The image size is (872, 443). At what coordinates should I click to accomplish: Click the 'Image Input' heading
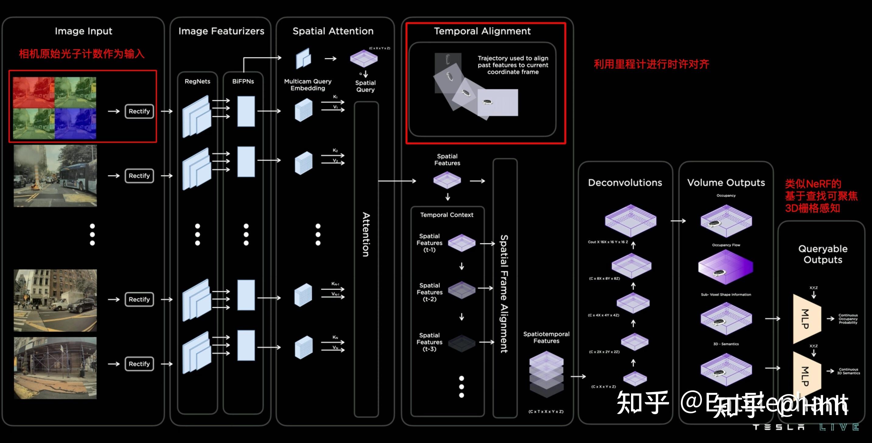point(83,31)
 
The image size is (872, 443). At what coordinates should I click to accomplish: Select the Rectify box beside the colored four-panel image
point(139,111)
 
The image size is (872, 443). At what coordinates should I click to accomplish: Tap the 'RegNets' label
point(197,81)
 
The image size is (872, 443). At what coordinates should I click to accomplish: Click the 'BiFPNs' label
point(243,81)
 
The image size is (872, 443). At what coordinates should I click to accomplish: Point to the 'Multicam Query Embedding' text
point(308,85)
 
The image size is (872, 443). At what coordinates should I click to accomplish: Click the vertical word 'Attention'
point(366,234)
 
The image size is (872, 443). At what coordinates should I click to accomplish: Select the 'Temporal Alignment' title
point(482,31)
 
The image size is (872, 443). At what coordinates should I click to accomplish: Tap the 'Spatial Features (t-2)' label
point(429,292)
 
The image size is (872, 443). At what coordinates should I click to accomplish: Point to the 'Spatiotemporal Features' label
point(546,338)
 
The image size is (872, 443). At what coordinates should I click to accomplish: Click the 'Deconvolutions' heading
point(625,183)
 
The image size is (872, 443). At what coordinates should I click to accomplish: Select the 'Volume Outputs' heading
point(726,183)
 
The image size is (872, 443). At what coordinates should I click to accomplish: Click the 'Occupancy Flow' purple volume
point(725,267)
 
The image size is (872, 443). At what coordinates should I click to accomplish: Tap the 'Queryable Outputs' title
point(823,254)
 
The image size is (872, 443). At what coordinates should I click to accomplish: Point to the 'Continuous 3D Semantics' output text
point(848,371)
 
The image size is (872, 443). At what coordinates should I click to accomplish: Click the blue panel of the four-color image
point(75,123)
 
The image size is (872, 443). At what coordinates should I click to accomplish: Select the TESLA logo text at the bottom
point(779,428)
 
